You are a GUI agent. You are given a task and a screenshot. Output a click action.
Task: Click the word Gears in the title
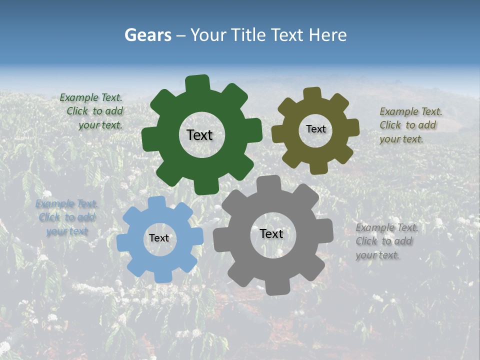coord(147,35)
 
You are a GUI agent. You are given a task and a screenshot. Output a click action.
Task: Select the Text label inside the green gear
coord(199,135)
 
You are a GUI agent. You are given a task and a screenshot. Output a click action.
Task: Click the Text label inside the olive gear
coord(315,129)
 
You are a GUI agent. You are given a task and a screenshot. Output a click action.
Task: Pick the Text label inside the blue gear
coord(159,238)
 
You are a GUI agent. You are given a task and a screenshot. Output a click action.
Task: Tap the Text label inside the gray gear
coord(271,233)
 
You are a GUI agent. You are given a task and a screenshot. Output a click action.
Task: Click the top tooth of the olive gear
coord(312,93)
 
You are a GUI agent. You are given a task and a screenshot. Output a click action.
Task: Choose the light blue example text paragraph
coord(66,217)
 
